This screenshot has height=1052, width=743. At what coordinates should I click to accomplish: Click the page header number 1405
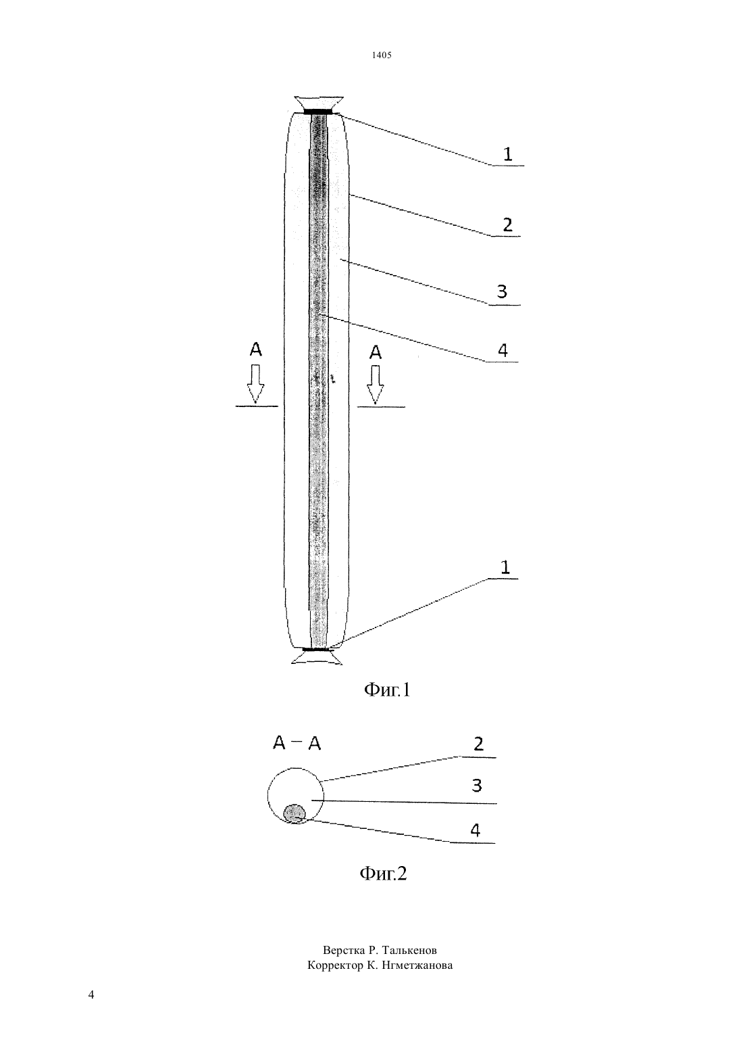tap(382, 55)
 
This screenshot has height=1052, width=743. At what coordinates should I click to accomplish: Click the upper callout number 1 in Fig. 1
tap(507, 154)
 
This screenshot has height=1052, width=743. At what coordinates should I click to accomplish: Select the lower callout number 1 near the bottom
tap(505, 567)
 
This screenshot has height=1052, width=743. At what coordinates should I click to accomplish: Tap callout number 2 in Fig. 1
tap(507, 225)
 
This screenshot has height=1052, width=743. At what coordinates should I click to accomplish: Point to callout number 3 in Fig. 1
tap(502, 291)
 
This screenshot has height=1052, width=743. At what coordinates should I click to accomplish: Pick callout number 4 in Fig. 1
tap(503, 350)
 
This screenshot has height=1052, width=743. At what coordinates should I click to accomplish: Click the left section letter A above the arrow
tap(255, 350)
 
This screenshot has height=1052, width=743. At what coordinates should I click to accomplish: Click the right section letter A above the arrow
tap(376, 352)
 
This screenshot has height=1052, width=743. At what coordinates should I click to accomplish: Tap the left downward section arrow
tap(255, 384)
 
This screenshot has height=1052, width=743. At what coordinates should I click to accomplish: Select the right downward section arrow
tap(376, 385)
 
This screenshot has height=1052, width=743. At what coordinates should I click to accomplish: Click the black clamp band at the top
tap(318, 112)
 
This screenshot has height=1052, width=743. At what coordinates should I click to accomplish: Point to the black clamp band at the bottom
tap(317, 650)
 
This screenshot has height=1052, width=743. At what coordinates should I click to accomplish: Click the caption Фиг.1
tap(387, 690)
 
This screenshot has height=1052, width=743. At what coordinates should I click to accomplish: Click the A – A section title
tap(297, 744)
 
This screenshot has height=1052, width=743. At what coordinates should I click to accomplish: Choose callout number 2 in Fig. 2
tap(478, 744)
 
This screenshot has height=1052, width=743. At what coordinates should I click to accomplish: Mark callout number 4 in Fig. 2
tap(475, 830)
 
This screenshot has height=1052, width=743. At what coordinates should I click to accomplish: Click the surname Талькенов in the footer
tap(409, 950)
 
